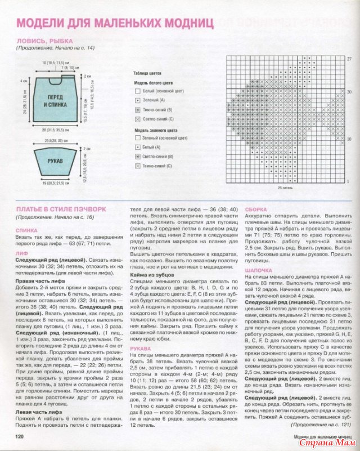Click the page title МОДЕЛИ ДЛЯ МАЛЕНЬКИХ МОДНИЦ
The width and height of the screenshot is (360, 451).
[115, 23]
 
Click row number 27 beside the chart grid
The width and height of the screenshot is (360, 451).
[349, 59]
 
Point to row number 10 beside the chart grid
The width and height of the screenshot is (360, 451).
[349, 136]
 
